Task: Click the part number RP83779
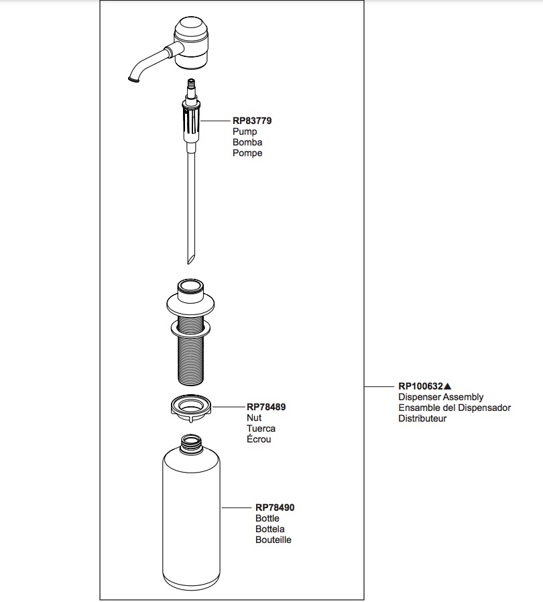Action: pos(252,121)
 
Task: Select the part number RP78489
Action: pos(266,406)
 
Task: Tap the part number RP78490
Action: pos(275,507)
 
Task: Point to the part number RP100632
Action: pos(420,386)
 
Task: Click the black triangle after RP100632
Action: pos(447,386)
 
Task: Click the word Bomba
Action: pos(247,142)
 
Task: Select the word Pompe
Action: pos(247,153)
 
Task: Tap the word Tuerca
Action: pos(261,428)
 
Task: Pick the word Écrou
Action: pos(259,439)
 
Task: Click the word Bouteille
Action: pos(274,540)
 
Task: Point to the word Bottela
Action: pos(270,529)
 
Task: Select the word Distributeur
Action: pos(422,418)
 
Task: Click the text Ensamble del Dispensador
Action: pos(455,408)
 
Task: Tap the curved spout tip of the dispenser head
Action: pos(133,78)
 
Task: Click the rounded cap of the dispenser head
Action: pos(191,27)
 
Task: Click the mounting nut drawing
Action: pos(191,408)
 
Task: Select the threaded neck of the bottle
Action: pos(191,443)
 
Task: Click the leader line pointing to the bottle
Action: pos(236,507)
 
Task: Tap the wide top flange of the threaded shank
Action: pos(190,305)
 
